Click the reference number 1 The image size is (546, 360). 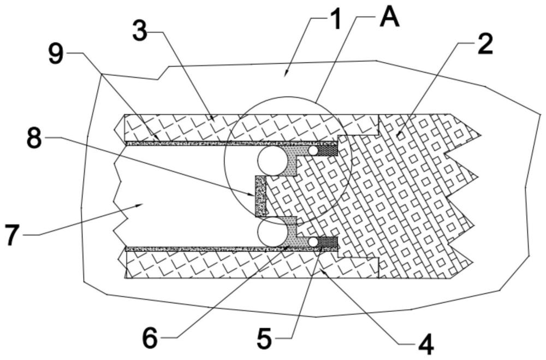point(335,20)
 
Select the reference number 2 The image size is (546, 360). point(485,44)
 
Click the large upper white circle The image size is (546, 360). point(272,161)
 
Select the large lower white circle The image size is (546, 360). point(272,233)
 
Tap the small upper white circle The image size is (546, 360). point(313,151)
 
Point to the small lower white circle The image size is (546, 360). point(314,242)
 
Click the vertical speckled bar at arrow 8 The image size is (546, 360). point(260,196)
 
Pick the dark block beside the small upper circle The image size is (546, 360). point(328,150)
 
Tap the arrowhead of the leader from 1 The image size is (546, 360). point(286,73)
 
